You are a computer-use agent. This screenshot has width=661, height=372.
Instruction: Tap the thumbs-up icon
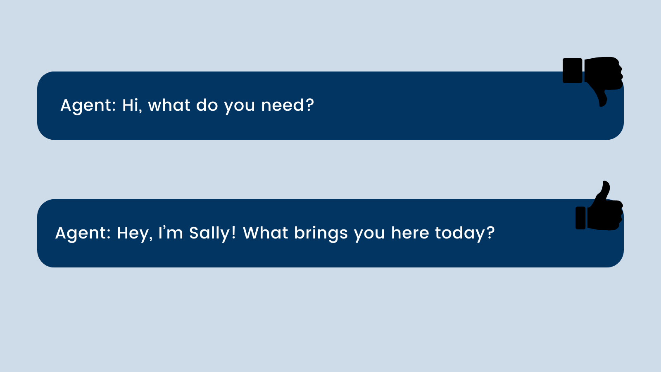coord(599,207)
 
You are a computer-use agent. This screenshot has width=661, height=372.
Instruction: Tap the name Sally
coord(212,234)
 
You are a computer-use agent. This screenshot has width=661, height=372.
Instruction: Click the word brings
coord(321,234)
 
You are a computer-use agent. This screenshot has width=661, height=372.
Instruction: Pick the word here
coord(410,233)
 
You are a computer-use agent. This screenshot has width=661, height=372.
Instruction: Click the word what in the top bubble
coord(169,105)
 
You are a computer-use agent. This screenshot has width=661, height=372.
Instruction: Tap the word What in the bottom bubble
coord(265,233)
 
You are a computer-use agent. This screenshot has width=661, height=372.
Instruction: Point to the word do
coord(207,105)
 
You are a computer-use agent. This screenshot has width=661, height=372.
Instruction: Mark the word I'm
coord(171,233)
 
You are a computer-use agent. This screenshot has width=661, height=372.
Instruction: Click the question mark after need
coord(309,105)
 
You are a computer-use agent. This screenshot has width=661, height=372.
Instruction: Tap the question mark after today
coord(490,233)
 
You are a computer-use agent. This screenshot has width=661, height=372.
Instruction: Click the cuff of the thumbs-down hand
coord(573,71)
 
